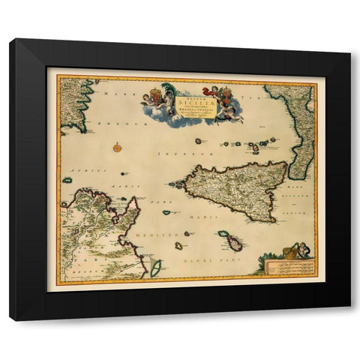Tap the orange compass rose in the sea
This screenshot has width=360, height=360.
tap(118, 147)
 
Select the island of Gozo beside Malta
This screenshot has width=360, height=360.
tap(223, 235)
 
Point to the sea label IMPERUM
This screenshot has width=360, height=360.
tap(171, 154)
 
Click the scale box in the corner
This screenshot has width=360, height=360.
tap(289, 266)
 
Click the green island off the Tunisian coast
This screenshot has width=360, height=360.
tap(156, 267)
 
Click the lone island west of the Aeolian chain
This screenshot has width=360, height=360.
tap(198, 140)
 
